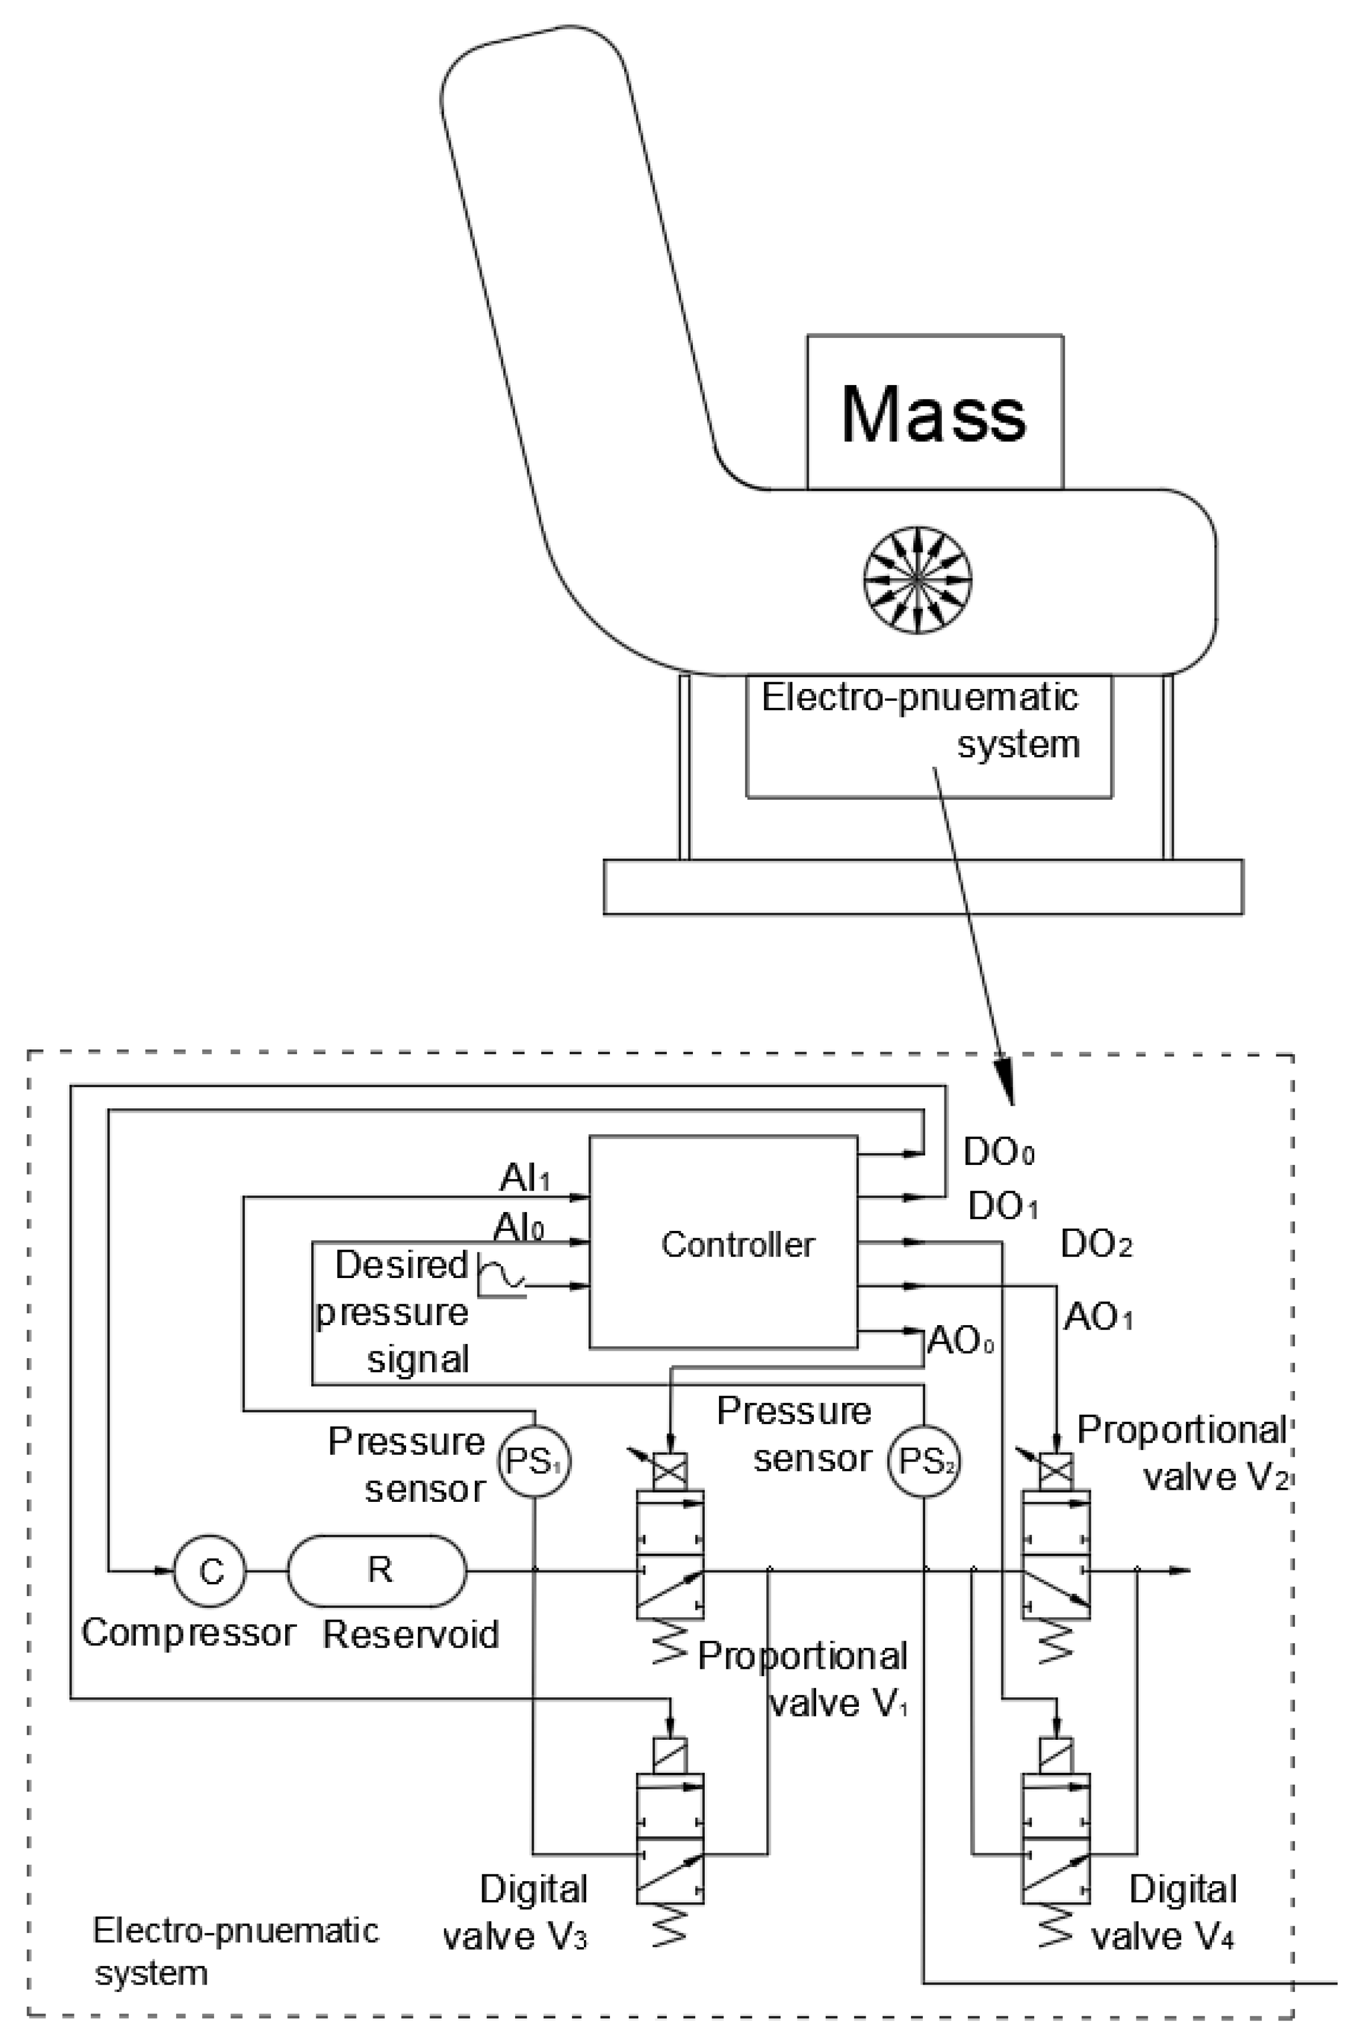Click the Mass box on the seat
[934, 413]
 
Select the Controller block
[724, 1243]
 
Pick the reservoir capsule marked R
[377, 1571]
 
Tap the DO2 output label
[1095, 1244]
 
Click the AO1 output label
[1097, 1318]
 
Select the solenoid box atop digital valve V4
[1056, 1755]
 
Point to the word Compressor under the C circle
[188, 1632]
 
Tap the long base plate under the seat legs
[922, 886]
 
